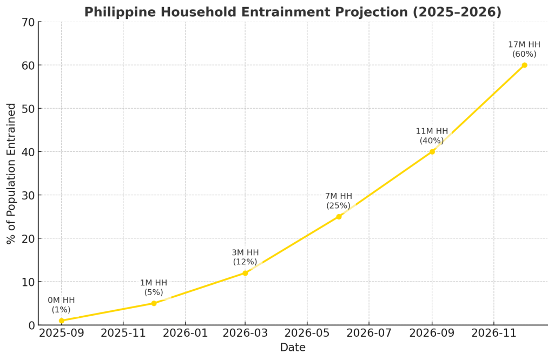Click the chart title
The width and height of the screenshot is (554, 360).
(x=293, y=12)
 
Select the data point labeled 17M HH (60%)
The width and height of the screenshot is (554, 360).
(x=524, y=65)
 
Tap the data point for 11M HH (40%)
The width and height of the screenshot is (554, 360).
(x=432, y=151)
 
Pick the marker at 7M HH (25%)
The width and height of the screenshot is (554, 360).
(x=339, y=216)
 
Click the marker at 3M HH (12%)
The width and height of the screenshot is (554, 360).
(x=245, y=273)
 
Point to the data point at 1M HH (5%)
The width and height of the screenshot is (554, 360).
(x=154, y=303)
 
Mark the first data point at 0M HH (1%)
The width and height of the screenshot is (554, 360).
(x=61, y=321)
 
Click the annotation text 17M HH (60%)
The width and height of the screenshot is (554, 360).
(x=524, y=49)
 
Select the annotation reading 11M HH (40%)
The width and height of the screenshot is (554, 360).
(x=432, y=136)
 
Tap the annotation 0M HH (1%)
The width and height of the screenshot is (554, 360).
(x=61, y=305)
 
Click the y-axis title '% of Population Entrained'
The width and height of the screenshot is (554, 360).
(x=11, y=174)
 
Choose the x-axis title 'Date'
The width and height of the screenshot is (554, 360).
(x=293, y=348)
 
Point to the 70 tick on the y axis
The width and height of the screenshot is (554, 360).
(x=28, y=22)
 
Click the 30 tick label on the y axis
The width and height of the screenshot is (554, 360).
(x=28, y=195)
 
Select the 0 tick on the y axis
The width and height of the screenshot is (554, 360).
(x=31, y=325)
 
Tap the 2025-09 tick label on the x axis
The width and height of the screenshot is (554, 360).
(x=61, y=333)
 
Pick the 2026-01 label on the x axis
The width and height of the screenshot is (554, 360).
(x=185, y=333)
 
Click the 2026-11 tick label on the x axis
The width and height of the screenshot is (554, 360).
(x=494, y=333)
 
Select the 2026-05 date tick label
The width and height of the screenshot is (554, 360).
(x=307, y=333)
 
